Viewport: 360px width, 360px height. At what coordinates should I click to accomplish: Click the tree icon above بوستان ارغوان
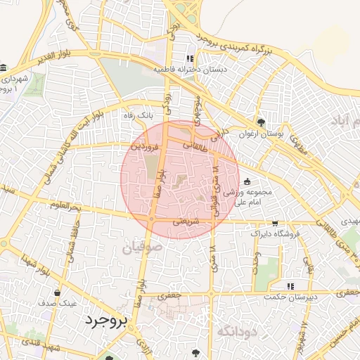pyautogui.click(x=262, y=122)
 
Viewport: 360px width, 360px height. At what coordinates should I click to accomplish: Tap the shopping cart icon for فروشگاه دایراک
pyautogui.click(x=274, y=223)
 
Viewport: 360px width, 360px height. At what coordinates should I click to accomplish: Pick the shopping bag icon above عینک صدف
pyautogui.click(x=57, y=292)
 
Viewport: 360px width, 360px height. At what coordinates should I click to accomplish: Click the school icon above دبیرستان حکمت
pyautogui.click(x=290, y=286)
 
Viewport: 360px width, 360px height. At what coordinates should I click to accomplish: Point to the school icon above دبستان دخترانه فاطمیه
pyautogui.click(x=189, y=58)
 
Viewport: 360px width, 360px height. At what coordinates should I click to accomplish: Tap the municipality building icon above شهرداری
pyautogui.click(x=4, y=68)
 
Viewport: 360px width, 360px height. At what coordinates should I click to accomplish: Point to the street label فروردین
pyautogui.click(x=148, y=147)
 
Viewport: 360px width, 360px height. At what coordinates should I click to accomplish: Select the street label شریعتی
pyautogui.click(x=186, y=220)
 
